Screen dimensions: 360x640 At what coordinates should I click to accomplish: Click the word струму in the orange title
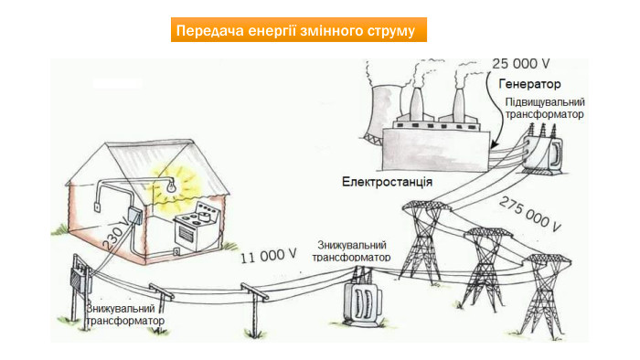(x=391, y=30)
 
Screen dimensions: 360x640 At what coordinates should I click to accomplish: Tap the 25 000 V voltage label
(x=520, y=64)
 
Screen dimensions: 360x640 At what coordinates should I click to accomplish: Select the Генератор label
(x=529, y=83)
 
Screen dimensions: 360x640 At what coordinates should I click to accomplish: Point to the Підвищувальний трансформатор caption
(x=545, y=109)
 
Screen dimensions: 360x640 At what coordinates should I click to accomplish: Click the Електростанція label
(x=387, y=181)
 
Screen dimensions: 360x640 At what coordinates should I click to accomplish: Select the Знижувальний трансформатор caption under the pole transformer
(x=125, y=315)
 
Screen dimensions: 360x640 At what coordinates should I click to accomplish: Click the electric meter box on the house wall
(x=133, y=216)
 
